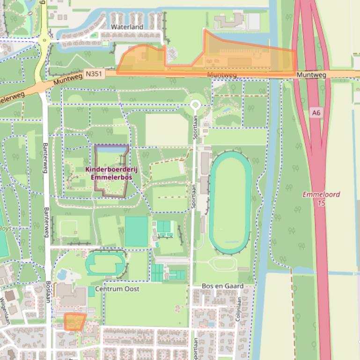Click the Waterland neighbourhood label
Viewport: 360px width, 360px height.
(x=127, y=27)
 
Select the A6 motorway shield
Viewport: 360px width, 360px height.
(x=317, y=113)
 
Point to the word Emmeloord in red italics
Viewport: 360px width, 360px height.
(x=321, y=194)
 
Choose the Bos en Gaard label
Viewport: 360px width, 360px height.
(x=222, y=286)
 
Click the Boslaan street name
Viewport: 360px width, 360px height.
(x=49, y=294)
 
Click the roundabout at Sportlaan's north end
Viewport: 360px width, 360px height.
(x=195, y=105)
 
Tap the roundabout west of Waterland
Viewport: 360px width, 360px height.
(x=44, y=41)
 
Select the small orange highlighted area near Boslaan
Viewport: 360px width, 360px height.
(x=74, y=322)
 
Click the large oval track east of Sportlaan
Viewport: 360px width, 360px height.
(x=230, y=202)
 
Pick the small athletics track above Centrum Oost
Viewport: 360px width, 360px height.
(x=106, y=263)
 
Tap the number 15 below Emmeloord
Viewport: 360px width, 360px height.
(x=321, y=203)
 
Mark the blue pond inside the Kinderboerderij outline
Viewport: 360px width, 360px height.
(x=112, y=149)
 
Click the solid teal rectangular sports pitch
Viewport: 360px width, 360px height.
(x=136, y=231)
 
